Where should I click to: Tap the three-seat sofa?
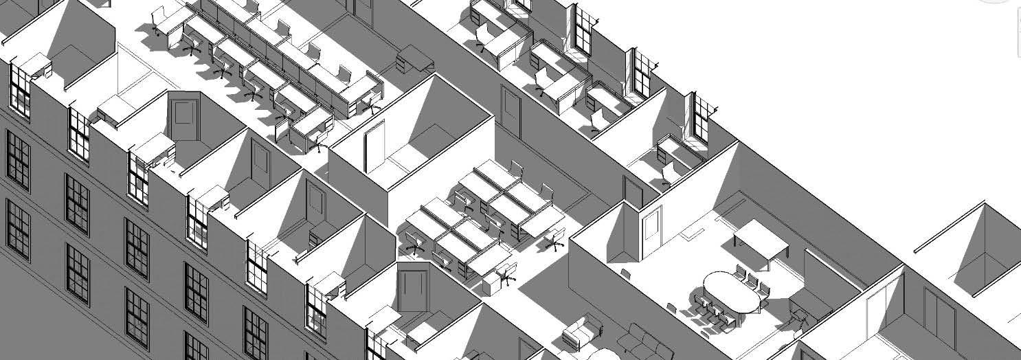click(x=642, y=341)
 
